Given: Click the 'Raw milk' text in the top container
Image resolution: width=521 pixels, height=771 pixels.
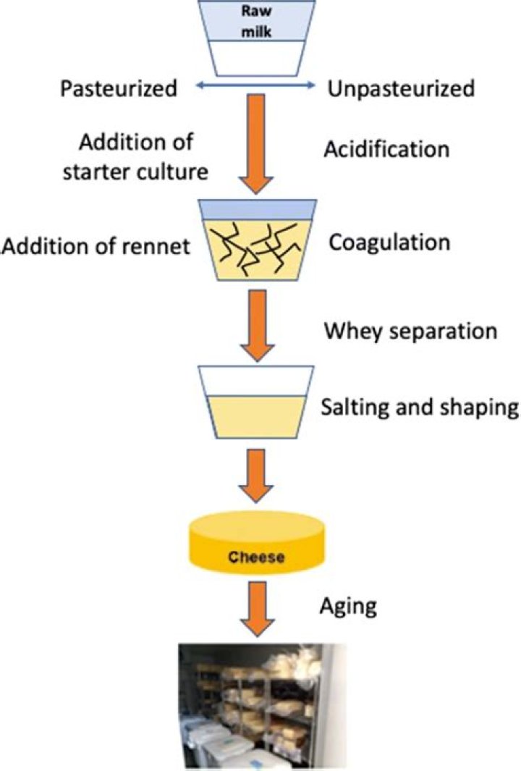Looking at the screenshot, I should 259,20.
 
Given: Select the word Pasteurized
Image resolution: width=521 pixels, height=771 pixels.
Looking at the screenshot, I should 119,89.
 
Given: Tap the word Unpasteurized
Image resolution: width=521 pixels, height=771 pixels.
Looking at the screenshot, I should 401,89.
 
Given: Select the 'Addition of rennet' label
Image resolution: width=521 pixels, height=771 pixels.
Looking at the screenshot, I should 96,247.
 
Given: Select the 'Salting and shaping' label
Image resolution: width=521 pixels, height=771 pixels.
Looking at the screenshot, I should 420,407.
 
